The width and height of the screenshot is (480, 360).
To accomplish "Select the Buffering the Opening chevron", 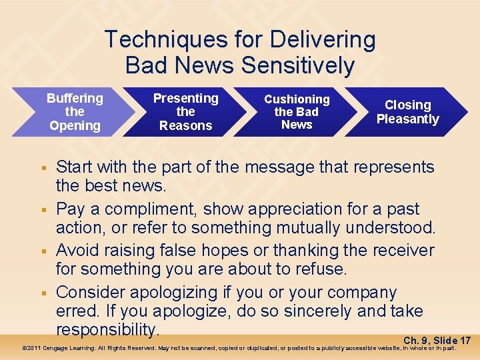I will pyautogui.click(x=75, y=112).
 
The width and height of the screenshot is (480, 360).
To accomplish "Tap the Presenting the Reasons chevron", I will pyautogui.click(x=185, y=112).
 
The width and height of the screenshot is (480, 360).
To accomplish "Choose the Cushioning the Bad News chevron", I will pyautogui.click(x=297, y=112).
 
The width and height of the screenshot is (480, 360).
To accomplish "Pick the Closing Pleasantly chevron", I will pyautogui.click(x=407, y=112).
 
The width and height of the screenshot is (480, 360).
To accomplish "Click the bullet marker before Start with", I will pyautogui.click(x=43, y=168).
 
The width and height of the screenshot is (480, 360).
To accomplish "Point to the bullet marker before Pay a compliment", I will pyautogui.click(x=43, y=209).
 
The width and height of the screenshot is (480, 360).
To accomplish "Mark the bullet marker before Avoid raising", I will pyautogui.click(x=43, y=251).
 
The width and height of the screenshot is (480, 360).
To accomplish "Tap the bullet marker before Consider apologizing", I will pyautogui.click(x=43, y=293).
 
